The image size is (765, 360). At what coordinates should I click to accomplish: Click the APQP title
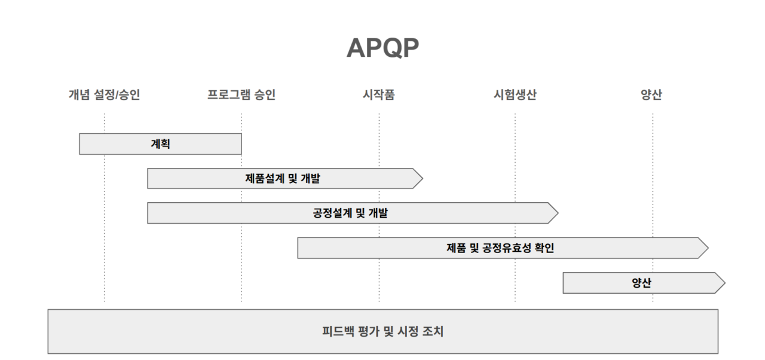(382, 48)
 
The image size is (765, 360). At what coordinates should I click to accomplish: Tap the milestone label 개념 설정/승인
(104, 94)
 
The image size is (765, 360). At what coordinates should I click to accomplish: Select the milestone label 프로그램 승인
(241, 94)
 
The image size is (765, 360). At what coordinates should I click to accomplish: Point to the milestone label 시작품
(378, 94)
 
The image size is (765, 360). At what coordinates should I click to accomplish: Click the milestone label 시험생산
(515, 94)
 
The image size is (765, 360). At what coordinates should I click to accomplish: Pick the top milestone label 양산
(651, 94)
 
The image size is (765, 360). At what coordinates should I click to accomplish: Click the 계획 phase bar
(160, 144)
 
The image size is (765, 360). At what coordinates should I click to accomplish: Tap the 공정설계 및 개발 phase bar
(350, 213)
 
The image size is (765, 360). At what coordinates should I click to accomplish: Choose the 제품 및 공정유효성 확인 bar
(500, 248)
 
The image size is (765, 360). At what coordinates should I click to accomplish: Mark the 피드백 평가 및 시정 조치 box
(382, 331)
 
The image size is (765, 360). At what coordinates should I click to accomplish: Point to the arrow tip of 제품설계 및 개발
(418, 178)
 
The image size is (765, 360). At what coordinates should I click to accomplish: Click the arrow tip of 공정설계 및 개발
(554, 213)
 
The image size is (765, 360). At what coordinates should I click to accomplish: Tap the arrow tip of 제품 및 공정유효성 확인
(704, 248)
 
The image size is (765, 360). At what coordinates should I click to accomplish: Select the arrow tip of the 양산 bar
(721, 283)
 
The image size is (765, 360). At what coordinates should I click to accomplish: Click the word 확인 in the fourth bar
(544, 248)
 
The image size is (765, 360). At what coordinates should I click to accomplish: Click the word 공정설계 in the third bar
(332, 213)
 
